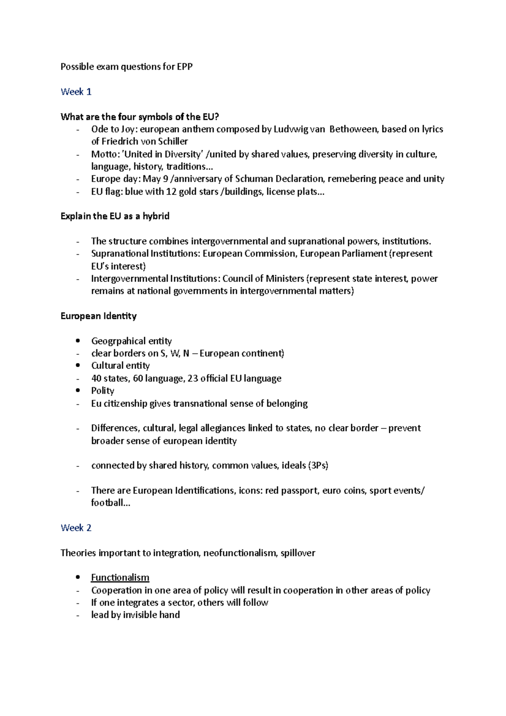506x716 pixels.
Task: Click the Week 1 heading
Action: click(x=76, y=92)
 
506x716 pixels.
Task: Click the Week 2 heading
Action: click(x=76, y=528)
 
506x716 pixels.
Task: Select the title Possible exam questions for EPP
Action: click(x=126, y=67)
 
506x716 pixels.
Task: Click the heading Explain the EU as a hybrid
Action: click(x=115, y=216)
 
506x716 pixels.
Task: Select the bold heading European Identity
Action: click(x=99, y=316)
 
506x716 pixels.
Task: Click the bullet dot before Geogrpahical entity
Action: click(x=77, y=341)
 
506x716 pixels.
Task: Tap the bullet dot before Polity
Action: click(x=77, y=391)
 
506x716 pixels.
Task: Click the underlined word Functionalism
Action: click(x=120, y=578)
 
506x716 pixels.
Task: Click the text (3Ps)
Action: click(x=318, y=466)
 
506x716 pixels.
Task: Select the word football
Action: click(x=108, y=503)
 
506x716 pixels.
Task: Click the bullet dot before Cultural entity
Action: click(x=77, y=366)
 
